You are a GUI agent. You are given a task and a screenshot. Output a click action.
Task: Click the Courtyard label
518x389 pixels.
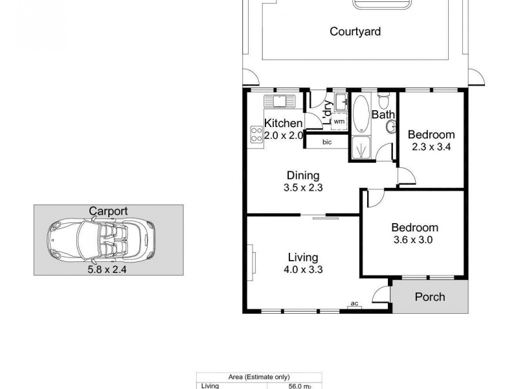(355, 31)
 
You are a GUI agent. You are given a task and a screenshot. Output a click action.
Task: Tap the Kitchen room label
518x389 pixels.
(283, 123)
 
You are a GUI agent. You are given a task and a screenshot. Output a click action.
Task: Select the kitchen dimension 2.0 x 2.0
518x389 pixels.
(283, 136)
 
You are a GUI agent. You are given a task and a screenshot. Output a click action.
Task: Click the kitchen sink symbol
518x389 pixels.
(280, 100)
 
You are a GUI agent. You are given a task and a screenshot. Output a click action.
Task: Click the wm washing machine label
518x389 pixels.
(339, 121)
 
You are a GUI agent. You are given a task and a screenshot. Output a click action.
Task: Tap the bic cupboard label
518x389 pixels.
(326, 143)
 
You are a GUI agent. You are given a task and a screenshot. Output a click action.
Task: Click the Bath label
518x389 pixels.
(383, 115)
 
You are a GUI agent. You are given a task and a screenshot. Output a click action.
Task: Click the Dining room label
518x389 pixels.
(303, 175)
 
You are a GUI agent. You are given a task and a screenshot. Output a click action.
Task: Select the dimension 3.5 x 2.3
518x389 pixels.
(303, 188)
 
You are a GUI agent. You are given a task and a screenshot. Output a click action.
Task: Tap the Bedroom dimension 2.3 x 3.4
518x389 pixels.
(431, 147)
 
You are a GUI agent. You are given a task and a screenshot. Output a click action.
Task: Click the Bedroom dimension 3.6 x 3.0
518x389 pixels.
(414, 239)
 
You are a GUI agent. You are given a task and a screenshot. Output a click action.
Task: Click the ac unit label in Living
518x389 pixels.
(354, 302)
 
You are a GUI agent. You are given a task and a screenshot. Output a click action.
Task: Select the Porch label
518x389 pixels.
(430, 297)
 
